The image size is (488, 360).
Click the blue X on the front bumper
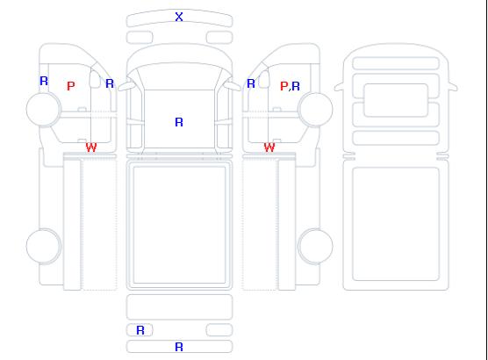point(179,17)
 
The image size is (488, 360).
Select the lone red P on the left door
point(71,86)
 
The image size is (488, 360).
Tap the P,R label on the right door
point(290,86)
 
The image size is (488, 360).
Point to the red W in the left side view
point(91,148)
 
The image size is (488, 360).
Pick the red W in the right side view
point(269,148)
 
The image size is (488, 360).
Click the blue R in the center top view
point(179,122)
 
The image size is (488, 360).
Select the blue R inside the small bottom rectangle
point(140,330)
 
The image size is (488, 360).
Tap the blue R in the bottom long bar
point(179,347)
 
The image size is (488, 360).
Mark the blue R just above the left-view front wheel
point(44,81)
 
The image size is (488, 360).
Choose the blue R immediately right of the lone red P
point(110,83)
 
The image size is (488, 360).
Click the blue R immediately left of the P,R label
point(251,83)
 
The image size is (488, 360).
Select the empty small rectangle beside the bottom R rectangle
point(219,330)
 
